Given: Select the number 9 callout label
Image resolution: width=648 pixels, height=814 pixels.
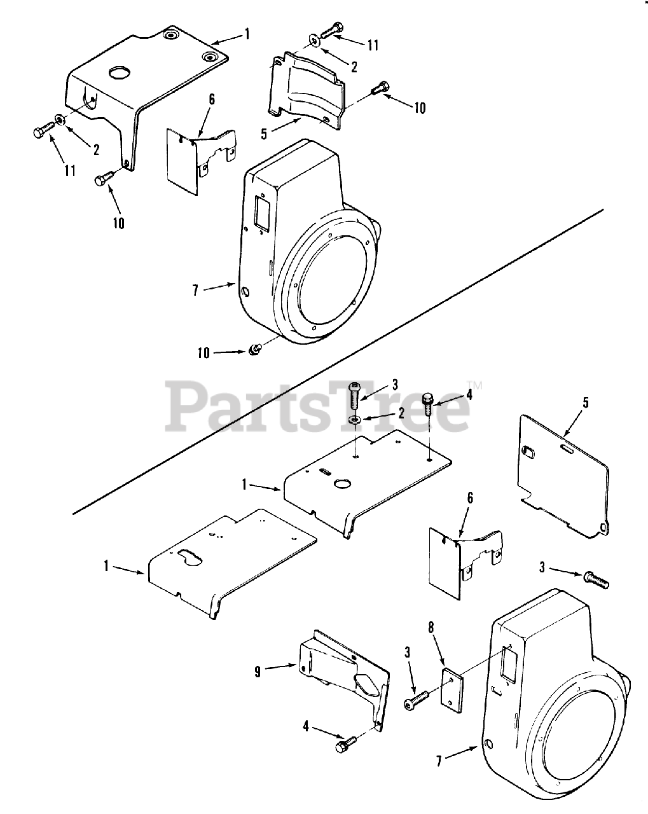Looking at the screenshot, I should click(258, 671).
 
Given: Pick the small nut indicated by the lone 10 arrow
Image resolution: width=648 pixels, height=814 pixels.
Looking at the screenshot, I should click(253, 348).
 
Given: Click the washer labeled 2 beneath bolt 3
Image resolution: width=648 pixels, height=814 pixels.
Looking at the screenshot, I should click(355, 420).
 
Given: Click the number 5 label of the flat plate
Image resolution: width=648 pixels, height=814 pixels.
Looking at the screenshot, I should click(586, 402).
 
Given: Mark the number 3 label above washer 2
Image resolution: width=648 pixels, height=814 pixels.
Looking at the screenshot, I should click(394, 384).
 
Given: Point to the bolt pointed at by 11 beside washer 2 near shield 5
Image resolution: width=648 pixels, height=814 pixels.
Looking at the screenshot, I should click(331, 29).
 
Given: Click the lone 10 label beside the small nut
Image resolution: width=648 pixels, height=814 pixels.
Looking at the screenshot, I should click(203, 352).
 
